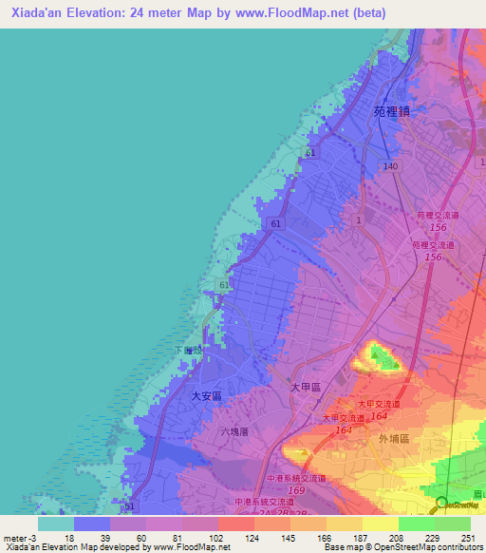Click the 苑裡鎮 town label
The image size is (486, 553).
[390, 111]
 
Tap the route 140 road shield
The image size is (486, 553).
[390, 165]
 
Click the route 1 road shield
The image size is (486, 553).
[359, 219]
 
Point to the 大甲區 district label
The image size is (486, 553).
[303, 389]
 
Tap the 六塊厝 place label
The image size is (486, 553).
[233, 431]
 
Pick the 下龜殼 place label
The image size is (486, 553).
[188, 351]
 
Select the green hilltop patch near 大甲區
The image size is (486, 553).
[382, 357]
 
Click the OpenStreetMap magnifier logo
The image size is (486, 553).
[441, 503]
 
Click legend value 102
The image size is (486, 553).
[217, 537]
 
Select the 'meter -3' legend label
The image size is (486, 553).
[17, 537]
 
